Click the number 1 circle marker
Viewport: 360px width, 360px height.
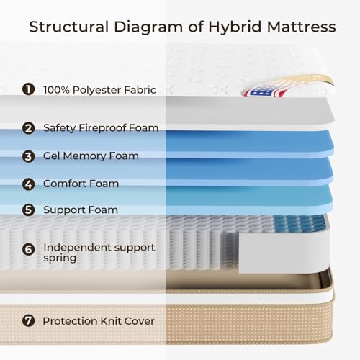29,89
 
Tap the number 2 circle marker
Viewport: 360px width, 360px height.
29,128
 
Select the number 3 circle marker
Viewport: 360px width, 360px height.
29,156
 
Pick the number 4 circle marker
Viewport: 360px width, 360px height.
29,184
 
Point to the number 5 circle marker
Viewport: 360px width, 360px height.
29,210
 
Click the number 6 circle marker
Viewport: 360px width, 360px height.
29,249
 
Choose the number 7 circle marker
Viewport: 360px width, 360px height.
29,320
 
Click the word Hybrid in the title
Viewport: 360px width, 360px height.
235,27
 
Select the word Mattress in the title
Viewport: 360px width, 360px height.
301,27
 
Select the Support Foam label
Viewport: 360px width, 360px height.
81,210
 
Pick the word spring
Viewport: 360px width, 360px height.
60,258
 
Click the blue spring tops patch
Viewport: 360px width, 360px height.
300,222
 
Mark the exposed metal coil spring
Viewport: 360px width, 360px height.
230,251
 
